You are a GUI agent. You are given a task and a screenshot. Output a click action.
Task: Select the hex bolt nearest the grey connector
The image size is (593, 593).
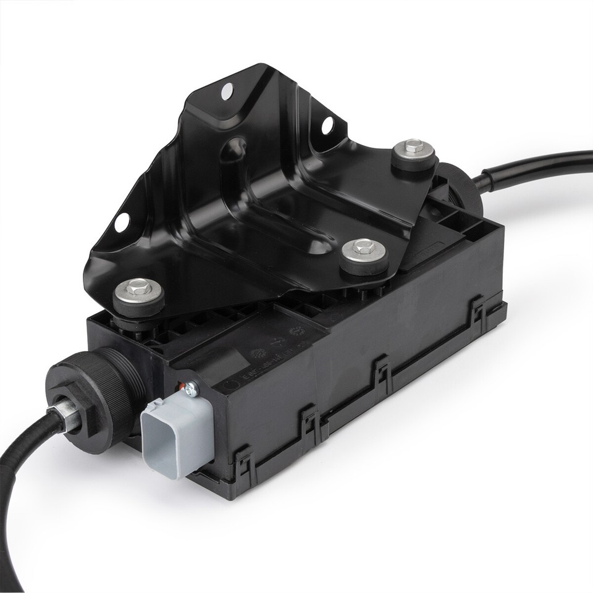(138, 288)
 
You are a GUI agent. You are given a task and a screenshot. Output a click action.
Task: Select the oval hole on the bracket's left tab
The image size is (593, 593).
(122, 221)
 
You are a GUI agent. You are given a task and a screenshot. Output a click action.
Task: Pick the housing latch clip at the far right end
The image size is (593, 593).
(477, 309)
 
